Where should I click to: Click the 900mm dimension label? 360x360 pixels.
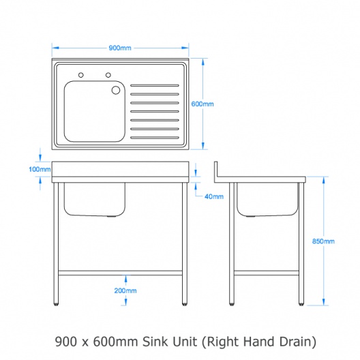[120, 48]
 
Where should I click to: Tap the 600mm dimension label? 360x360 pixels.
[202, 104]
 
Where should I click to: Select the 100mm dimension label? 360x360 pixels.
[40, 170]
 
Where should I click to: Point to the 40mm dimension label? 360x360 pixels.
[214, 196]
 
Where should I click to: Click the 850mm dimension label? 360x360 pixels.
[323, 241]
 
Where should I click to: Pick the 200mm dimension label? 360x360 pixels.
[125, 290]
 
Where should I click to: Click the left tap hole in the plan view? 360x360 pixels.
[81, 75]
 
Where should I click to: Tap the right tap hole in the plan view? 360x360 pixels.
[108, 75]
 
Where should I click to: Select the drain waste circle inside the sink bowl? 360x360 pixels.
[116, 90]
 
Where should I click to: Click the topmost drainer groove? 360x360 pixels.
[155, 86]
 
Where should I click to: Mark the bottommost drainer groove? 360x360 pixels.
[155, 138]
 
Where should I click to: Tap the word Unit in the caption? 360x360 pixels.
[185, 342]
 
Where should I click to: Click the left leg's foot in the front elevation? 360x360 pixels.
[56, 304]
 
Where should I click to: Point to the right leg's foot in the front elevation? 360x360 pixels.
[185, 304]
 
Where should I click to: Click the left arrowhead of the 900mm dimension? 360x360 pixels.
[55, 48]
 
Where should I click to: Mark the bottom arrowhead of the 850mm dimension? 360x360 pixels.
[323, 302]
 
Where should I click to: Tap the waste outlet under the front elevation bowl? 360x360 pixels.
[112, 216]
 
